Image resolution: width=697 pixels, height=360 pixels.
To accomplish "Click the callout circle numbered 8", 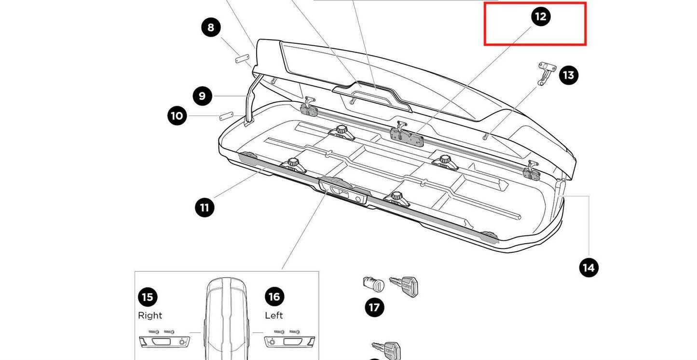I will pos(211,27).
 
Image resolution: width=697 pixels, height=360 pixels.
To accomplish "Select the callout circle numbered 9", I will pos(202,96).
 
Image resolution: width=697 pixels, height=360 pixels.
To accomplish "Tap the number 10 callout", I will pos(177,116).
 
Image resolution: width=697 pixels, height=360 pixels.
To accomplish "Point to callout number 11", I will pos(205,208).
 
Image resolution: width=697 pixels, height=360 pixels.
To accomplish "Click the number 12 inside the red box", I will pos(541,16).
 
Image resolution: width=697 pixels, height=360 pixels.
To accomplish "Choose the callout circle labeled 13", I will pos(569,75).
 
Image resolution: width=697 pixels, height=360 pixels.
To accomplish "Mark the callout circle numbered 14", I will pos(589,267).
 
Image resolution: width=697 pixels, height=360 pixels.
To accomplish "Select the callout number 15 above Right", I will pos(148,296).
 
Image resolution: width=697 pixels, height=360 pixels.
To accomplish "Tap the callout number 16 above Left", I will pos(274,296).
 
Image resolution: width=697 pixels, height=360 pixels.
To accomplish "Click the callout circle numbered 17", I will pos(375,307).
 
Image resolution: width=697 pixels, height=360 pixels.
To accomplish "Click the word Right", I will pos(150,316).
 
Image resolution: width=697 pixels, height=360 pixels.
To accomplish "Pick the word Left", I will pos(274,316).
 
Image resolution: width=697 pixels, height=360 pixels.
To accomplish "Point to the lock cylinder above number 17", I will pos(373,284).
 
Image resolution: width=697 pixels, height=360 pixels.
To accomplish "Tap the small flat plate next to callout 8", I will pos(242,59).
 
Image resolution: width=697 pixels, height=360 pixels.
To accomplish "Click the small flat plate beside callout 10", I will pos(227,116).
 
